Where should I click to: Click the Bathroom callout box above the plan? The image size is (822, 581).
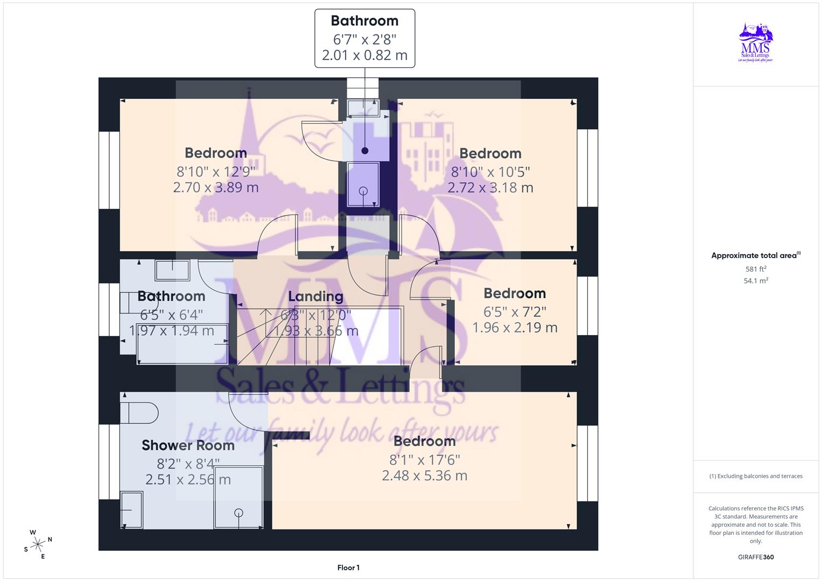364,38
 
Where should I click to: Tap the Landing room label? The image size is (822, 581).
315,296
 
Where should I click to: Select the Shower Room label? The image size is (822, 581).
188,445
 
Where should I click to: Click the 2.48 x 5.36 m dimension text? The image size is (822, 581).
424,476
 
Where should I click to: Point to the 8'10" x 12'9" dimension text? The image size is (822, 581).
216,172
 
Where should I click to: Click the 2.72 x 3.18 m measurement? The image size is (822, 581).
490,188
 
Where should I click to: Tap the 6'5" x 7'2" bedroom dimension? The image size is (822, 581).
515,312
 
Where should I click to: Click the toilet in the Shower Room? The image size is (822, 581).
138,413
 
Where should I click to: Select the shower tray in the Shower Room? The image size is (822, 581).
238,497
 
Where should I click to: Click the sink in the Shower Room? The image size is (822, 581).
131,509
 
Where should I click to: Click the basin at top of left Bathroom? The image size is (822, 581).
172,270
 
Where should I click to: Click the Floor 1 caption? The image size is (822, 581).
348,568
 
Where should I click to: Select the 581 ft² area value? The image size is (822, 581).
756,269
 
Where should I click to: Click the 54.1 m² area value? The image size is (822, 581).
756,281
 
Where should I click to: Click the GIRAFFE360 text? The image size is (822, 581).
756,557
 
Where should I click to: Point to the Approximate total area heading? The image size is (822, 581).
755,256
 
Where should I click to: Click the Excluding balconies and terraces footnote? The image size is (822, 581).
756,476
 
